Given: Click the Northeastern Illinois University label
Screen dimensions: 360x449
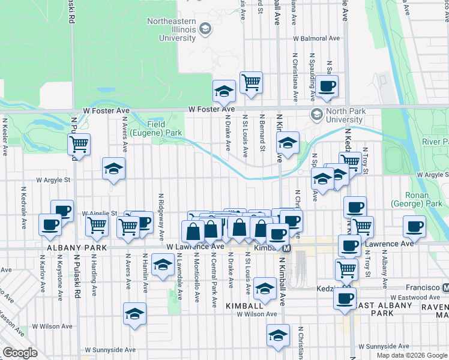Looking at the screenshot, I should click(x=177, y=29).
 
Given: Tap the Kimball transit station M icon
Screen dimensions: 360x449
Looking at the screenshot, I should click(x=288, y=248).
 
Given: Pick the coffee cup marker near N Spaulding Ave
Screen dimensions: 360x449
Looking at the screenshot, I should click(x=327, y=85).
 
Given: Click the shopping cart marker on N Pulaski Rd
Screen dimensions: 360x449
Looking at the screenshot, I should click(x=79, y=144).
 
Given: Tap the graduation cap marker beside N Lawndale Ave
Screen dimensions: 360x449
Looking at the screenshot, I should click(x=162, y=265).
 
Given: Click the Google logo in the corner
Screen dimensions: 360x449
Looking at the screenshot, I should click(x=20, y=353).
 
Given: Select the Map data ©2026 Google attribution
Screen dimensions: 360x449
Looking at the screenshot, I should click(x=412, y=355).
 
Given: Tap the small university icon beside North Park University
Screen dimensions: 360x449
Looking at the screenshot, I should click(x=316, y=113).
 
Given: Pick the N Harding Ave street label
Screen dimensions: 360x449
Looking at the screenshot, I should click(x=95, y=277).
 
